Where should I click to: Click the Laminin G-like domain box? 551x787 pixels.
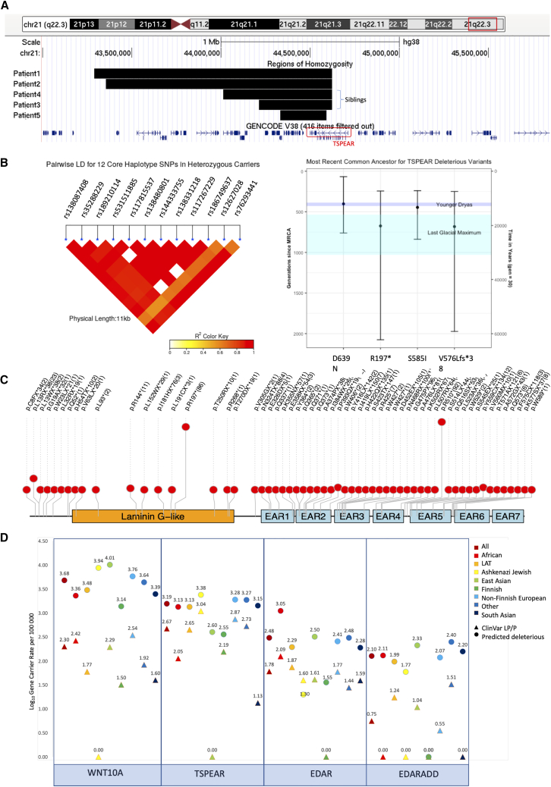pos(153,516)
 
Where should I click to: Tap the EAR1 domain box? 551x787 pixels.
pos(276,516)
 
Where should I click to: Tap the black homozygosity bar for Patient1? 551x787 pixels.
pos(213,73)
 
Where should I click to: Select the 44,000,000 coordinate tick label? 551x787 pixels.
pos(220,54)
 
